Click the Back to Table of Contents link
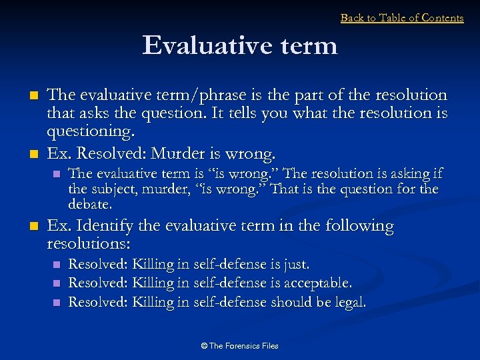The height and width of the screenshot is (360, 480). (402, 18)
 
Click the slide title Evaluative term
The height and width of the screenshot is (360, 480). (240, 46)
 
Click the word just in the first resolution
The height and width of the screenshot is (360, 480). (295, 265)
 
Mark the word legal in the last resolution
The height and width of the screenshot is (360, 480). (349, 302)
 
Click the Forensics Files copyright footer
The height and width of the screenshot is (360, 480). (239, 346)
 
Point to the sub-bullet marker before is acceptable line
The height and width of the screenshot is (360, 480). (56, 284)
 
